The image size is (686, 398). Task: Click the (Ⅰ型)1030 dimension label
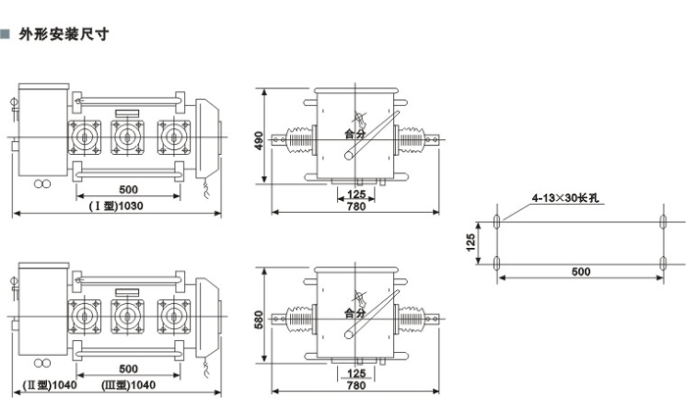pos(118,205)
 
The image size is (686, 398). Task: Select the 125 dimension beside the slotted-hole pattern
pos(470,239)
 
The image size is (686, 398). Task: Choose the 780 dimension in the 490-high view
pos(356,205)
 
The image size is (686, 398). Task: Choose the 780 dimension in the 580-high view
pos(356,385)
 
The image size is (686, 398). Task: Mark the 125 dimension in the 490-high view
pos(357,193)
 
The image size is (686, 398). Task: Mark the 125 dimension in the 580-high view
pos(357,373)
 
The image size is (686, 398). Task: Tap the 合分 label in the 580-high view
pos(356,314)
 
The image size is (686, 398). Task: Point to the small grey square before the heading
pos(6,33)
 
